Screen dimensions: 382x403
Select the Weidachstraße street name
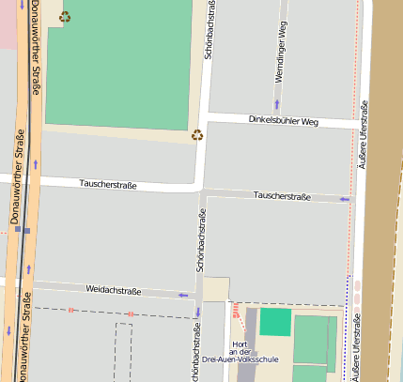click(113, 290)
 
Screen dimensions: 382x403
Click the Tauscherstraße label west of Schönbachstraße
click(108, 185)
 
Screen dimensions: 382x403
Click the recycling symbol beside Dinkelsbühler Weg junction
click(197, 134)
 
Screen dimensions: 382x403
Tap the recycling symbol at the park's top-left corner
click(64, 16)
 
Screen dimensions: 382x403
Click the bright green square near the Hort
click(275, 321)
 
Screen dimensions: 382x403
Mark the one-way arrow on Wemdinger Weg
click(276, 104)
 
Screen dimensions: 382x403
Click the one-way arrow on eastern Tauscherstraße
click(344, 199)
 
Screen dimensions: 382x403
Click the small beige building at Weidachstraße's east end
click(215, 289)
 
